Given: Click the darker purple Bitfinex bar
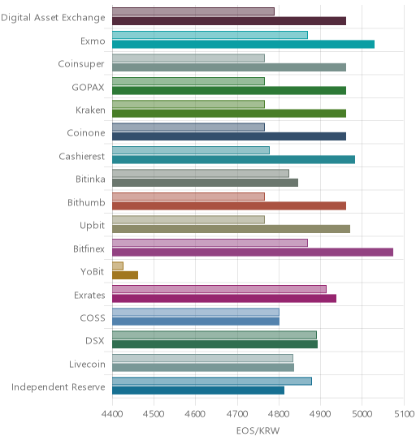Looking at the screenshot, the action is point(253,252).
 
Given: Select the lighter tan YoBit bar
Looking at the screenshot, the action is point(118,266).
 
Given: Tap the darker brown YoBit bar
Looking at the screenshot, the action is point(125,275).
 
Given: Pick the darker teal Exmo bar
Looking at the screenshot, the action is point(243,45).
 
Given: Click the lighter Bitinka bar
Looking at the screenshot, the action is point(201,174).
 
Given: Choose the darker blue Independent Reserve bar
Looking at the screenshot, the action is point(198,391).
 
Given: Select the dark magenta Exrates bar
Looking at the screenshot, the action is point(224,299).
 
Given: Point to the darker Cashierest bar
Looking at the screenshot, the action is point(233,159).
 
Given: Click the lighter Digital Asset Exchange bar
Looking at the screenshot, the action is point(193,11).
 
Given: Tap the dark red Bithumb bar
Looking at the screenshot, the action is point(229,205).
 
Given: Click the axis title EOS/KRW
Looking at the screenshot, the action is point(258,431).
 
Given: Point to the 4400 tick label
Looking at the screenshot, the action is point(112,414).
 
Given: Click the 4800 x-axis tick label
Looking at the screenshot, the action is point(279,414).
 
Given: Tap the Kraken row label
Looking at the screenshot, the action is point(90,110).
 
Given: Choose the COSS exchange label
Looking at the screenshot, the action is point(93,318).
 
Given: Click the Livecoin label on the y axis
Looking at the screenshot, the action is point(87,364).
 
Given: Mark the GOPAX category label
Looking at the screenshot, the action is point(88,87).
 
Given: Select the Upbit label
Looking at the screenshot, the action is point(93,226).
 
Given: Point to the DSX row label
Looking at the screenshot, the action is point(95,340).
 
